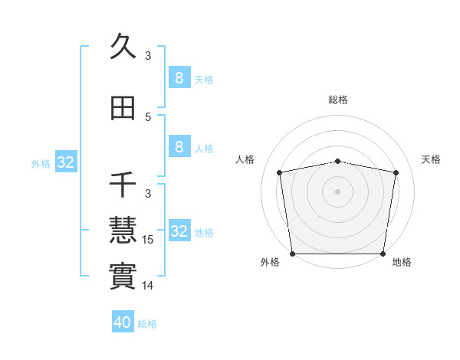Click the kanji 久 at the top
click(x=123, y=47)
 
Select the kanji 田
click(x=123, y=109)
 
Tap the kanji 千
click(x=123, y=185)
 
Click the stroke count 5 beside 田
click(x=148, y=117)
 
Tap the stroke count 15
click(x=148, y=240)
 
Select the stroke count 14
click(x=148, y=286)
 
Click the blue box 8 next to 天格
click(x=179, y=77)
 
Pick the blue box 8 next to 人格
click(x=179, y=146)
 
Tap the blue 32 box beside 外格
click(x=65, y=162)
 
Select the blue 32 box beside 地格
click(x=179, y=231)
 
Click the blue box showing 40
click(x=123, y=322)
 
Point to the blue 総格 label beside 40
click(x=148, y=324)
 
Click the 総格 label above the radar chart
click(x=337, y=100)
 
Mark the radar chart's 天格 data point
click(x=396, y=172)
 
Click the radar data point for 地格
click(x=383, y=254)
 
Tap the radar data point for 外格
click(x=292, y=254)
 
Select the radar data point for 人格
click(x=280, y=172)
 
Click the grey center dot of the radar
click(x=337, y=191)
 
